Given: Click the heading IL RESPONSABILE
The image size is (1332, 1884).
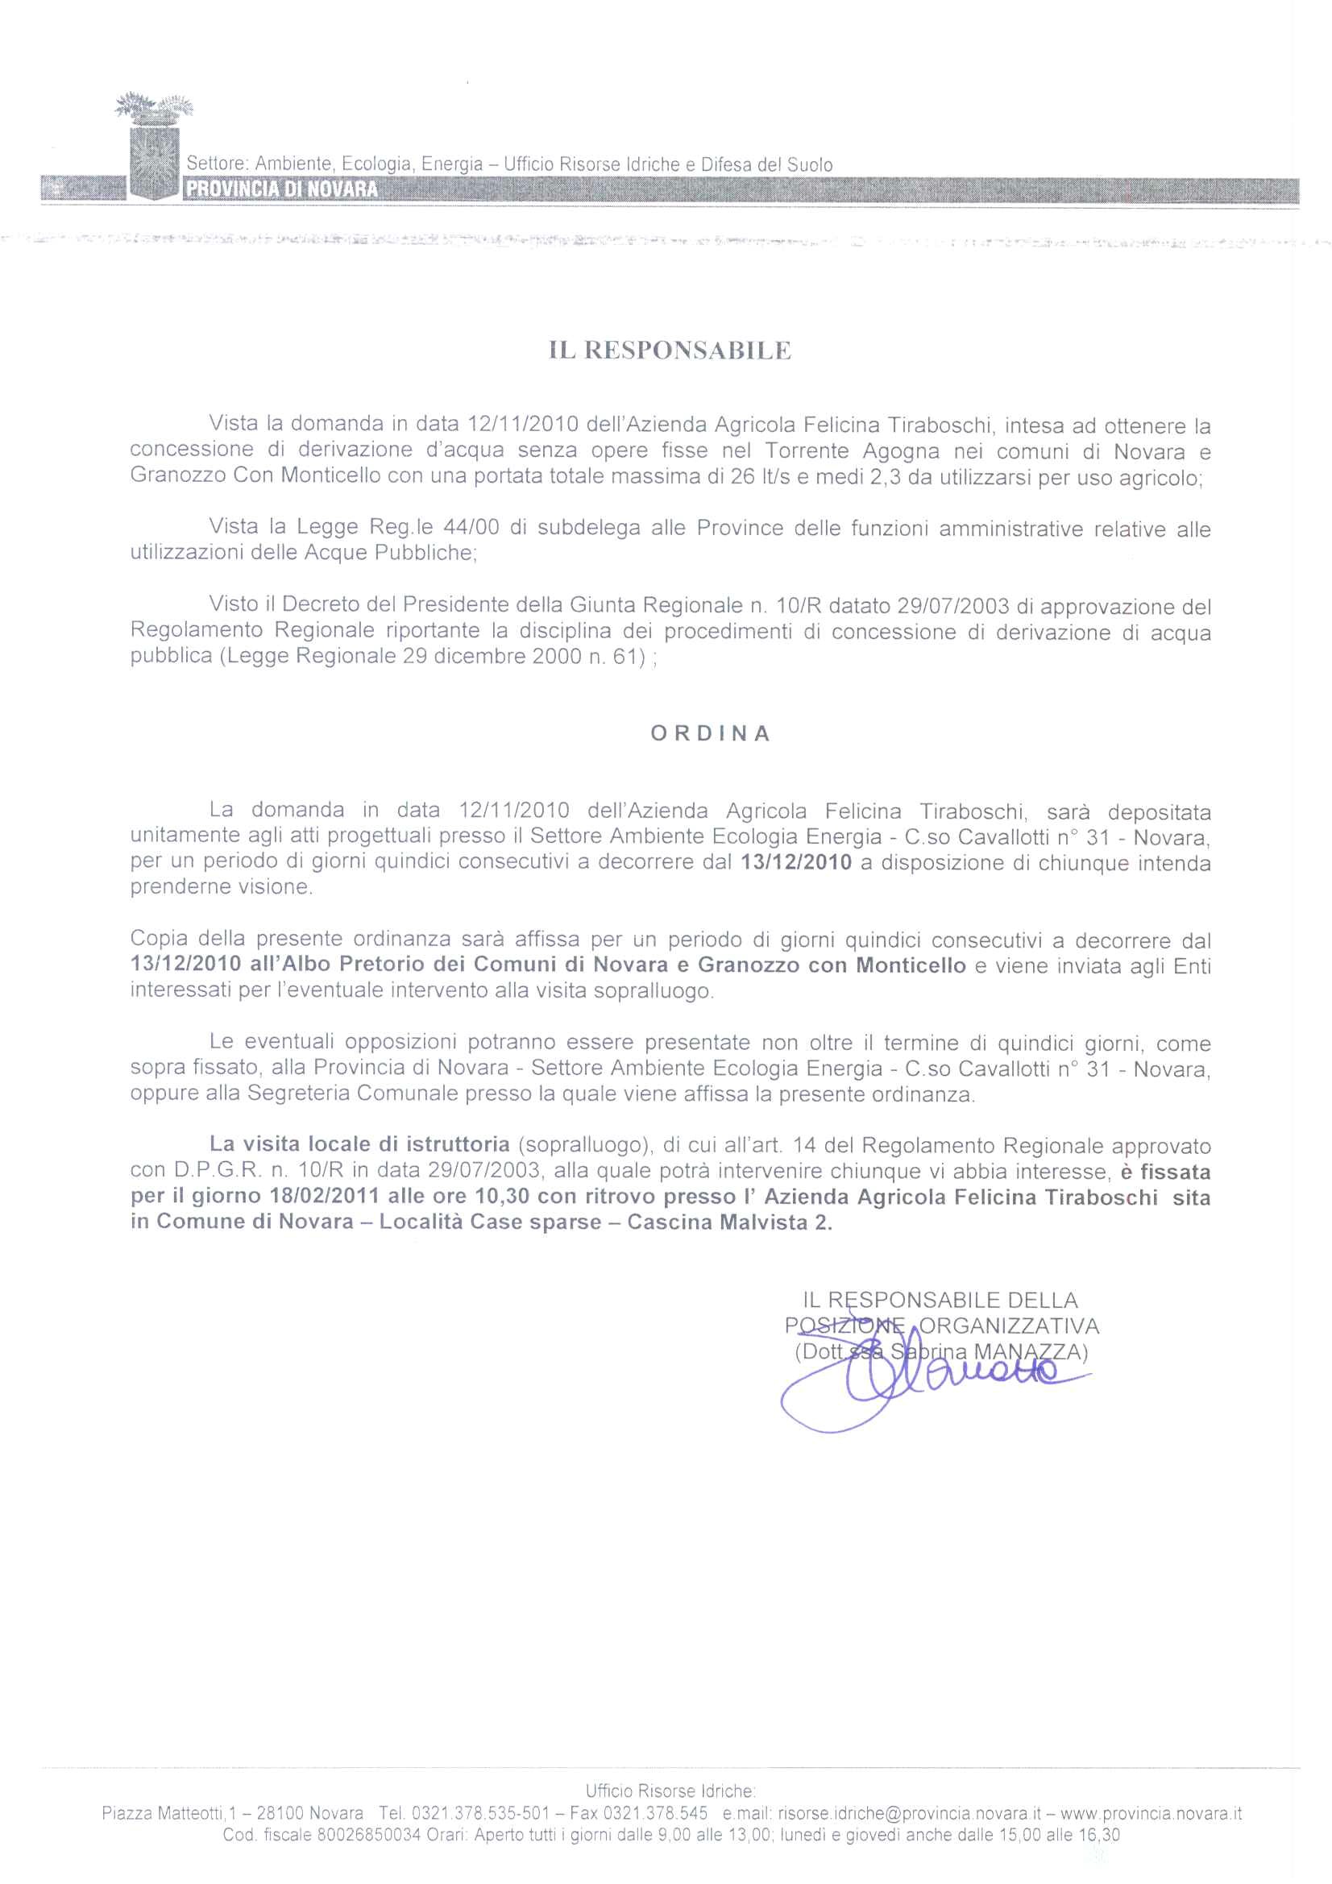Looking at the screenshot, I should pos(670,351).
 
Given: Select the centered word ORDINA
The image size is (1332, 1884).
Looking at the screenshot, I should pos(711,733).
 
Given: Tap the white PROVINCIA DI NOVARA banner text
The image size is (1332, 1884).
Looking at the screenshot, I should pos(282,189).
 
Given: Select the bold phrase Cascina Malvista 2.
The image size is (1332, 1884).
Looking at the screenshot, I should pos(729,1222).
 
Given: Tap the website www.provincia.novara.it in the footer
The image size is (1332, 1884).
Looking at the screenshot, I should pos(1151,1814).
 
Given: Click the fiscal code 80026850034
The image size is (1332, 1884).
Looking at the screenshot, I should pos(368,1836).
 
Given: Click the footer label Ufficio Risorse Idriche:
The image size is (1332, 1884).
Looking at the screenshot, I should pos(670,1791).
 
